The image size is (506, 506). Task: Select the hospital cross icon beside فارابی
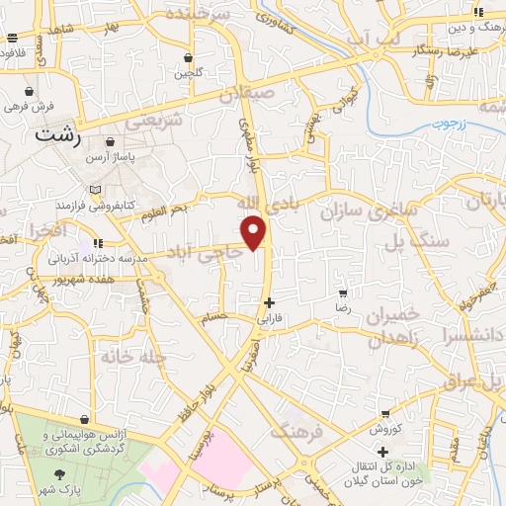click(x=269, y=302)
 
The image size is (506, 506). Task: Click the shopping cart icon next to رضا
click(x=343, y=294)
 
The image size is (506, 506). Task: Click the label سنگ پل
click(x=419, y=240)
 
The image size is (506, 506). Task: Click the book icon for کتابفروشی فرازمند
click(x=95, y=188)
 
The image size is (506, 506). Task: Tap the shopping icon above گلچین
click(x=187, y=57)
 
